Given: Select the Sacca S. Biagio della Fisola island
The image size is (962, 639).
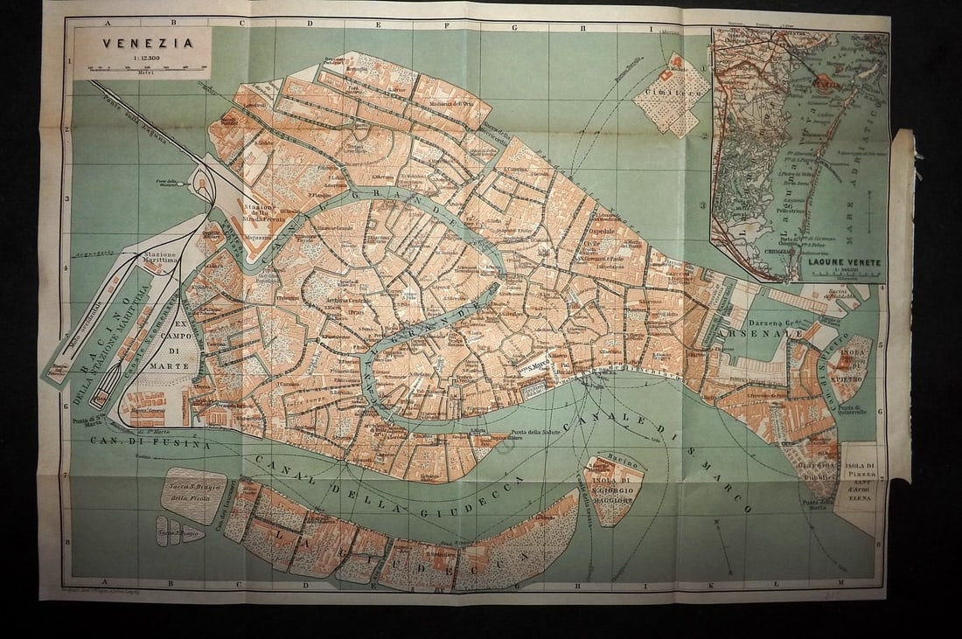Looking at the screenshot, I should (x=192, y=495).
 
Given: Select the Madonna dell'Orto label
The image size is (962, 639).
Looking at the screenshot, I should (x=435, y=104).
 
